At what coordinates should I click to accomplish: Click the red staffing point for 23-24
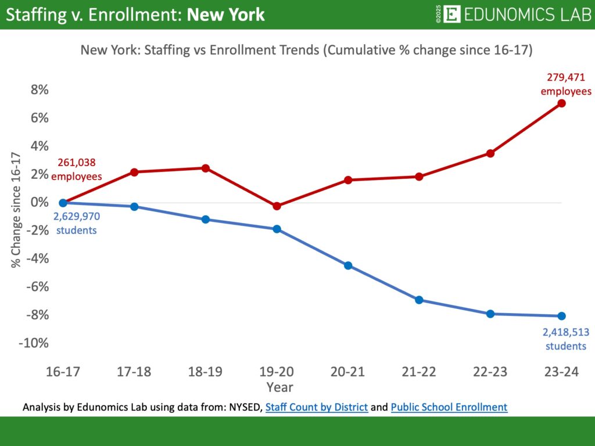click(x=561, y=103)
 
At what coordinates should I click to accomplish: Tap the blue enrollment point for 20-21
click(x=348, y=265)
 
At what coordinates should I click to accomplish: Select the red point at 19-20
click(x=277, y=206)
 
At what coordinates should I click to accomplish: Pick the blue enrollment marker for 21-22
click(x=419, y=300)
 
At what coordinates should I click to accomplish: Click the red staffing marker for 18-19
click(x=205, y=168)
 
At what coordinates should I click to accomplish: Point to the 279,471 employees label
click(x=566, y=84)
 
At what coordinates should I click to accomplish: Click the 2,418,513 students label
click(x=564, y=339)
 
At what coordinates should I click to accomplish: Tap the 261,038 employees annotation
click(x=76, y=169)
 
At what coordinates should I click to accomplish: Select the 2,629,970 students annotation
click(x=76, y=223)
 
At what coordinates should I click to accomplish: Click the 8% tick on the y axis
click(x=39, y=90)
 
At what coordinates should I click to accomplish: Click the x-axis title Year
click(x=280, y=387)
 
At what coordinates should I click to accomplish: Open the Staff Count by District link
click(x=317, y=408)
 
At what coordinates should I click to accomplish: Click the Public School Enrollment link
click(x=449, y=408)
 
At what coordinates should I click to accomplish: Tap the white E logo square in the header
click(x=451, y=15)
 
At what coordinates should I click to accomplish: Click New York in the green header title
click(x=226, y=15)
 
